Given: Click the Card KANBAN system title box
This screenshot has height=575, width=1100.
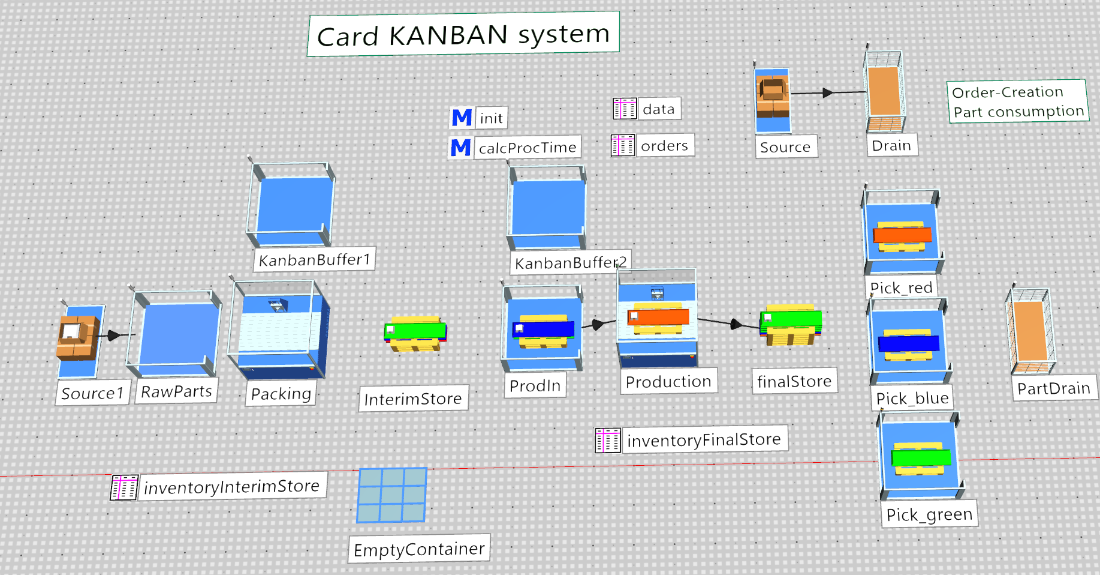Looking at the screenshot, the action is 463,34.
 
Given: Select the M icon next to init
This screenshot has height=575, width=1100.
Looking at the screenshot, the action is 462,118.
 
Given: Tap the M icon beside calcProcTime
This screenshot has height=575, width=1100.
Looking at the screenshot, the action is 460,148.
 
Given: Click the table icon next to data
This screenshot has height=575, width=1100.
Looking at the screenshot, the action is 625,109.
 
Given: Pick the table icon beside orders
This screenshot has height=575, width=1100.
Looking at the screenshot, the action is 623,145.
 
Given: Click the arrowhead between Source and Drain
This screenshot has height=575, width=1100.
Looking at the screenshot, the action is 828,92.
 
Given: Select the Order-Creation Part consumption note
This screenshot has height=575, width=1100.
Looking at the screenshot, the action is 1018,101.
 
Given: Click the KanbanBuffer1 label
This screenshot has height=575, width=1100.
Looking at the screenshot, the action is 315,259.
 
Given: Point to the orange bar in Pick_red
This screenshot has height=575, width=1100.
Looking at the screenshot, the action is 902,235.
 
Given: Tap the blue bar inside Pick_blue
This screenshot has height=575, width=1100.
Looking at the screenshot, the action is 909,343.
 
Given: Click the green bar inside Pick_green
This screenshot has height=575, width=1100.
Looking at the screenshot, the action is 921,457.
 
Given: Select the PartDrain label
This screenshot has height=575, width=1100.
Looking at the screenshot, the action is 1054,388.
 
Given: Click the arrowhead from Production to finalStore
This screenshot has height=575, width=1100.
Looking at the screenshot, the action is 736,325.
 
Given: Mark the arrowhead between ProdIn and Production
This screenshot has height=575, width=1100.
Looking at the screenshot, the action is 597,325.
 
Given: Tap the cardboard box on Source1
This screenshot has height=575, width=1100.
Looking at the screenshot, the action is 77,337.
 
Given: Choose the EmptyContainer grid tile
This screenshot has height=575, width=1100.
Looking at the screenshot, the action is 392,495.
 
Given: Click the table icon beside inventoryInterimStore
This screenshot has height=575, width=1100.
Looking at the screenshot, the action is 124,487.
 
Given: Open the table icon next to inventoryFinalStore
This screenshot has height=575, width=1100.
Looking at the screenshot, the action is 608,441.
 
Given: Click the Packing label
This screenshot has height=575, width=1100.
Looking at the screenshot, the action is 281,394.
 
